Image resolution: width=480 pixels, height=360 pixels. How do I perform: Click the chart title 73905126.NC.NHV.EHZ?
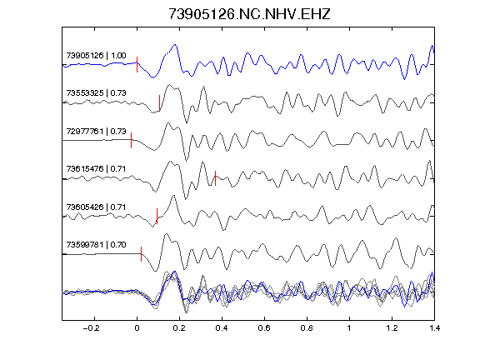coord(249,14)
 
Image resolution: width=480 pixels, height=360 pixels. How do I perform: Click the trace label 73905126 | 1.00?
coord(96,55)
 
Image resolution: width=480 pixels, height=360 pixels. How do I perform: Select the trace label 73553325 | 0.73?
coord(96,93)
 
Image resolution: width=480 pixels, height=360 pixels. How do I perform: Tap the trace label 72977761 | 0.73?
coord(96,132)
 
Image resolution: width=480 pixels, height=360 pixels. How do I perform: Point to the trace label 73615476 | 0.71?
coord(96,169)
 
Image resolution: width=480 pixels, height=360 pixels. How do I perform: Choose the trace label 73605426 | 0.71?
coord(96,207)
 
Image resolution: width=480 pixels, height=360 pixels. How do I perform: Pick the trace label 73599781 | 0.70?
coord(96,245)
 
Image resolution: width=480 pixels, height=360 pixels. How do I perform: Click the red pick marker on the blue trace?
coord(137,65)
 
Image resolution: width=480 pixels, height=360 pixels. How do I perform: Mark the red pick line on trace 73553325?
coord(159,102)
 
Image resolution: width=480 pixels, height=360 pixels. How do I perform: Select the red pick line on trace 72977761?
coord(132,141)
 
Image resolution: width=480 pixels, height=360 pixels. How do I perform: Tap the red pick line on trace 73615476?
coord(216,178)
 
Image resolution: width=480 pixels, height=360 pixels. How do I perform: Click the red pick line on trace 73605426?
coord(157,216)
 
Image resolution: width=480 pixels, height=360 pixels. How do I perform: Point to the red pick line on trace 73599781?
coord(141,254)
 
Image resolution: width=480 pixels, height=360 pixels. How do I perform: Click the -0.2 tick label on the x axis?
coord(92,328)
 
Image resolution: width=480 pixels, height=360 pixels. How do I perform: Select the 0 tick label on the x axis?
coord(137,328)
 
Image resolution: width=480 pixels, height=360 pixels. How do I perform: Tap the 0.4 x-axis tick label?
coord(222,328)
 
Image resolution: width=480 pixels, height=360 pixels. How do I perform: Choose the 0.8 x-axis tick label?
coord(307,328)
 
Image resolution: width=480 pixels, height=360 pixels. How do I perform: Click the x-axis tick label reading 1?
coord(349,328)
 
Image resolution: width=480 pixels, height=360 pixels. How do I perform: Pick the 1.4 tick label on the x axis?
coord(434,328)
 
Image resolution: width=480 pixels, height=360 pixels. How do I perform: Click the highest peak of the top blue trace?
coord(175,45)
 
